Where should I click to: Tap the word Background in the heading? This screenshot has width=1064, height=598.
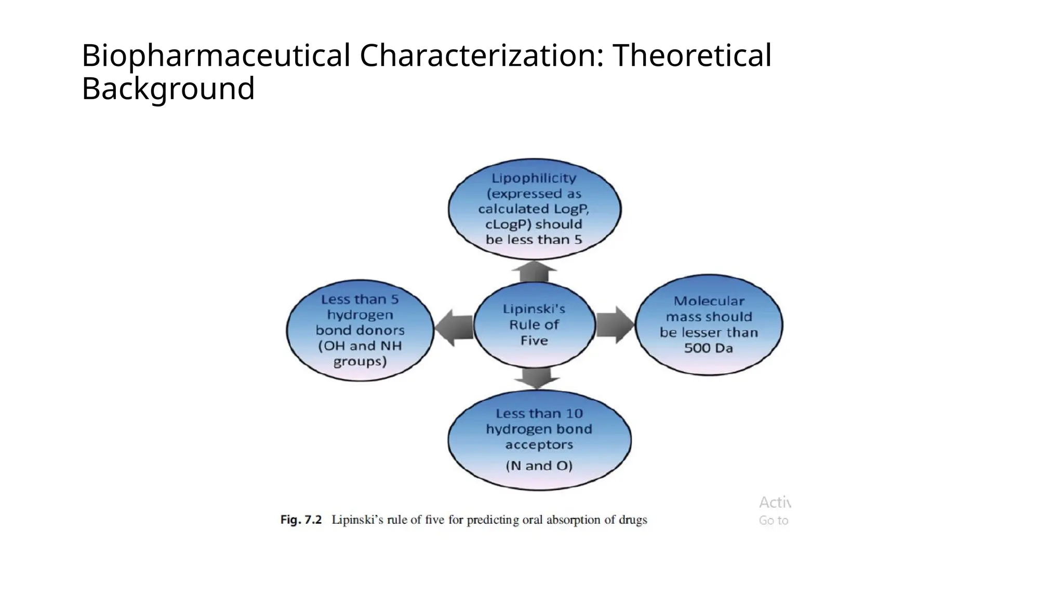click(x=168, y=89)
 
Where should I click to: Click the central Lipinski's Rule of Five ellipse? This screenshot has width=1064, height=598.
click(x=534, y=325)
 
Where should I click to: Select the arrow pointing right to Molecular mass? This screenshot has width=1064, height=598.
click(x=615, y=325)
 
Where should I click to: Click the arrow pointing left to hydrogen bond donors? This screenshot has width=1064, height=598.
click(x=454, y=328)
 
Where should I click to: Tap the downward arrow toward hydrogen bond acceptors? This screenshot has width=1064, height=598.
click(x=537, y=378)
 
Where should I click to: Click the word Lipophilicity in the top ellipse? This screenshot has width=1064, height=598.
click(x=534, y=178)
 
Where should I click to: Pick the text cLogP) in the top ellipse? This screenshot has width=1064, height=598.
click(x=508, y=224)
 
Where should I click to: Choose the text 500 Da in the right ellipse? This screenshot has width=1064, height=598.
click(x=708, y=348)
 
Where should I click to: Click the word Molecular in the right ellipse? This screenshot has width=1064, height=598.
click(x=709, y=301)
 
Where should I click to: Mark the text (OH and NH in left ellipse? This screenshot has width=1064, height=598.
click(x=360, y=346)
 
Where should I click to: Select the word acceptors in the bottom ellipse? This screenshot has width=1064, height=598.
click(x=539, y=445)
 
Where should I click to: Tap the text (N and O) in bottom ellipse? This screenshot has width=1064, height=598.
click(x=539, y=466)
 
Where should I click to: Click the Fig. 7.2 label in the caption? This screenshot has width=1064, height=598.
click(x=301, y=520)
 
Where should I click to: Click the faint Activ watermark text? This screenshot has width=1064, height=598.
click(x=775, y=502)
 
